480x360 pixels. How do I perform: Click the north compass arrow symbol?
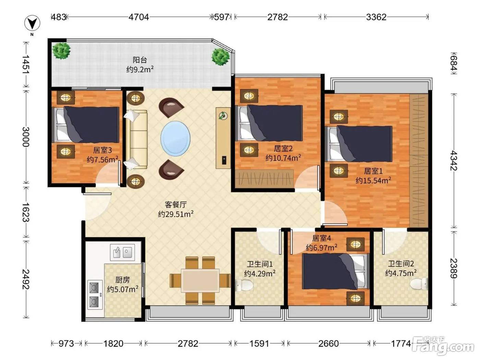[32, 23]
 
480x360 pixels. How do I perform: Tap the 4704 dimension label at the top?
[139, 17]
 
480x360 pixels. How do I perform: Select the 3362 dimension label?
[376, 17]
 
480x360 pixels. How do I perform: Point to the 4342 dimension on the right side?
[454, 160]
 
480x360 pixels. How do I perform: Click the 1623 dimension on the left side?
[26, 212]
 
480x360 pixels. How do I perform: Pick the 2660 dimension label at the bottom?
[328, 344]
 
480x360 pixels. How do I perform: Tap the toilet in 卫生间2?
[419, 284]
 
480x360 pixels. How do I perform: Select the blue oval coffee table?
[176, 139]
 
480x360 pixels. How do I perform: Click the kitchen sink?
[122, 252]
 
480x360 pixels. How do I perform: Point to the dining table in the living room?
[200, 281]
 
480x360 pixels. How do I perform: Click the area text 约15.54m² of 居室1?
[373, 180]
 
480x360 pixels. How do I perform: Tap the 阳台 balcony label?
[140, 60]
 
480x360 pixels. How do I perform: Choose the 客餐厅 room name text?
[176, 205]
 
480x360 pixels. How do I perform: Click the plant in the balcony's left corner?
[61, 51]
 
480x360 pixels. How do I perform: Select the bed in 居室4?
[336, 271]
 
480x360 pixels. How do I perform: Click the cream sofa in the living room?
[136, 140]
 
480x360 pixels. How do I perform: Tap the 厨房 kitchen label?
[122, 280]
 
